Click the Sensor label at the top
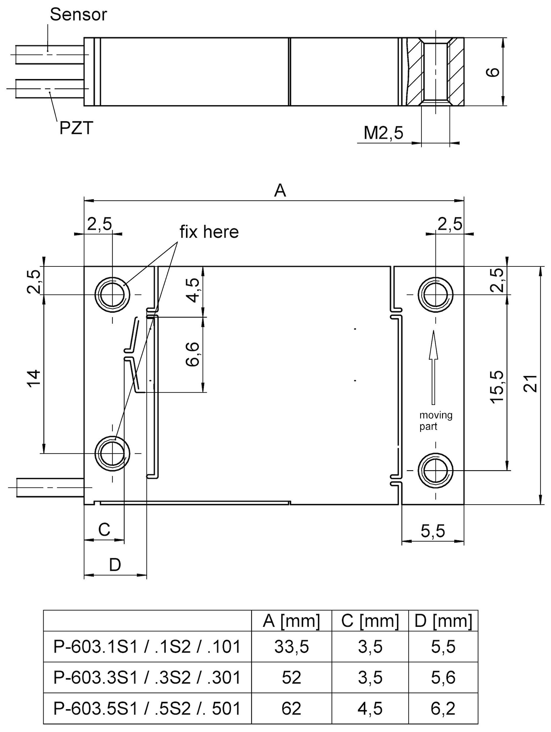click(78, 15)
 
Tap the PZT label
click(76, 128)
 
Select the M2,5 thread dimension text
click(383, 133)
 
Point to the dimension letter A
click(280, 191)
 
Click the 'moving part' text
click(436, 421)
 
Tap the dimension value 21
click(531, 384)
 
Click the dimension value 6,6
click(193, 354)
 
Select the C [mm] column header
click(370, 621)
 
